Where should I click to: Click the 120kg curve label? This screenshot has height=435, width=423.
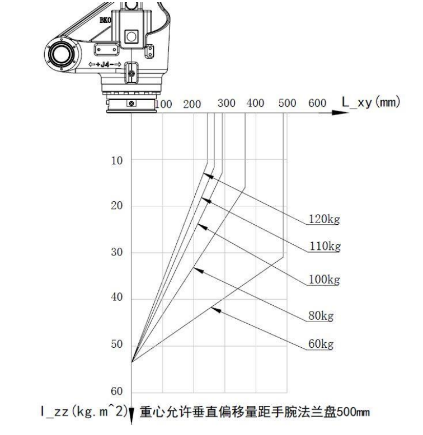324,219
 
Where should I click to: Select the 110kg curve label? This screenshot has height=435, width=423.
325,246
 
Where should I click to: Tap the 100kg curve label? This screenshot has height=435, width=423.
324,280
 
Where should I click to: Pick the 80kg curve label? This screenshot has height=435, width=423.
321,316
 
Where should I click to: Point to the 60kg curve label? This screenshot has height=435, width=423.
321,344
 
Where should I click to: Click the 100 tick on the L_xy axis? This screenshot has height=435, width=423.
163,104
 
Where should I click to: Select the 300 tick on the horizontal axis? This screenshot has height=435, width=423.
227,103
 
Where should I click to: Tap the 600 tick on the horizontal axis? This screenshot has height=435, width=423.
317,103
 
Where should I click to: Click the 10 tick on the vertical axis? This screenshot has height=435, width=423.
117,160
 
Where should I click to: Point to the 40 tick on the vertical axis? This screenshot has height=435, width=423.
117,297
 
